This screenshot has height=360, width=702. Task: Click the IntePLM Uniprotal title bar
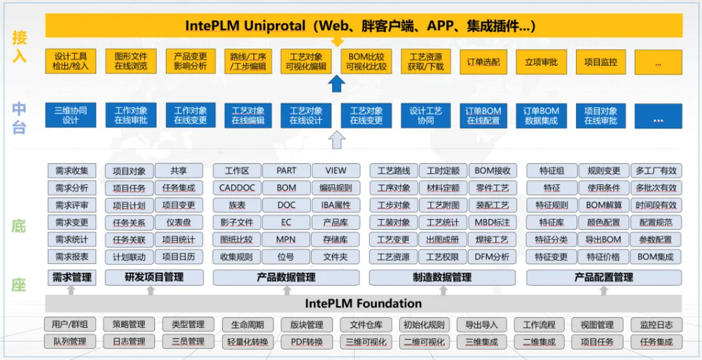364,26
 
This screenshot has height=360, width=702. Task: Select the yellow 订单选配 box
483,62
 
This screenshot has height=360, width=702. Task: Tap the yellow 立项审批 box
541,62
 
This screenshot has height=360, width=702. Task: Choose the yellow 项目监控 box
600,62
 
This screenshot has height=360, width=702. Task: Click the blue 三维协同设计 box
70,116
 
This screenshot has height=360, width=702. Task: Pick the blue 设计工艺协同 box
426,116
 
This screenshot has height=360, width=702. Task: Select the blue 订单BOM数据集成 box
541,116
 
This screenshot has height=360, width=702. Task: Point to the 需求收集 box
71,171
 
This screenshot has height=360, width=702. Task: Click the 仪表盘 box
179,223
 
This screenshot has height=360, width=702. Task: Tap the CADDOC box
237,188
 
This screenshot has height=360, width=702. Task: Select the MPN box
286,240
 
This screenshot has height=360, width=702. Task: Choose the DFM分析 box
493,257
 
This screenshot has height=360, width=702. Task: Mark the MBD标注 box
493,223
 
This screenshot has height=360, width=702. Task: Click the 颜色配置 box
604,223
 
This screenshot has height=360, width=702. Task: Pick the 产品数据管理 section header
287,277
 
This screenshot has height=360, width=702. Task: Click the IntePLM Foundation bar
364,303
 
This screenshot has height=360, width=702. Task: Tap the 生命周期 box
242,325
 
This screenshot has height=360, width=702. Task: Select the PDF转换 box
301,342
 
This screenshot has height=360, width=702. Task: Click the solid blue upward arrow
337,85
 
